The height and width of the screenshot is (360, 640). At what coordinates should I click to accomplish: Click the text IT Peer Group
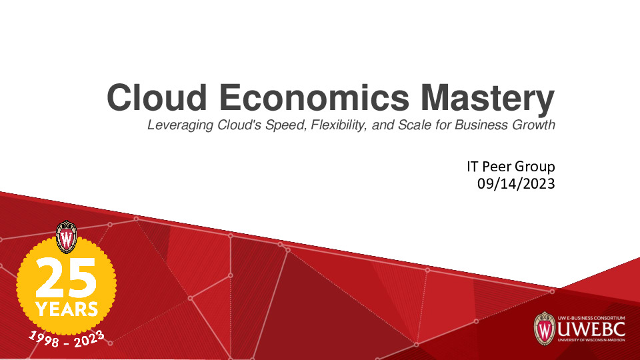(511, 167)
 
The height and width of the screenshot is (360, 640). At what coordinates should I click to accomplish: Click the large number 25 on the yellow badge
(65, 278)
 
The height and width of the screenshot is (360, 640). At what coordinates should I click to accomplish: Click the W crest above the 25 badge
(67, 236)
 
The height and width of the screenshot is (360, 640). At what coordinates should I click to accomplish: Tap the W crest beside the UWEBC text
(545, 328)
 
